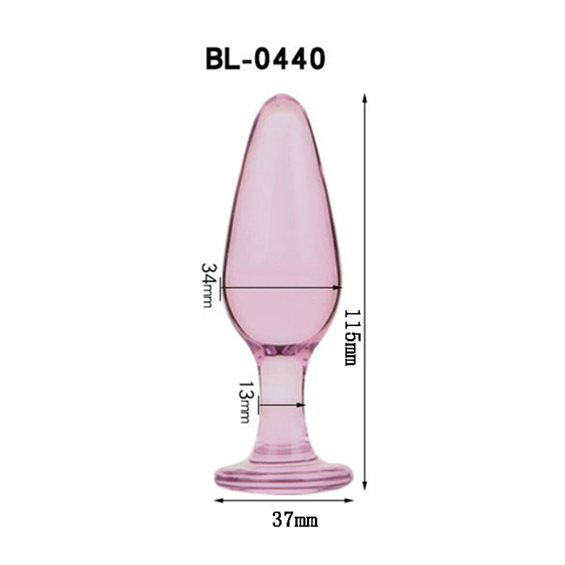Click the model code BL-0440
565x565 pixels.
tap(265, 59)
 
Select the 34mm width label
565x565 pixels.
tap(208, 285)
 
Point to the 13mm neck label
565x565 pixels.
tap(245, 402)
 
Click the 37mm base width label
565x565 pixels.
tap(295, 520)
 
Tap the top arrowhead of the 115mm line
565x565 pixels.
tap(364, 98)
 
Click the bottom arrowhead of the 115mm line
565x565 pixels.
tap(364, 485)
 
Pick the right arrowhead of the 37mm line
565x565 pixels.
tap(349, 500)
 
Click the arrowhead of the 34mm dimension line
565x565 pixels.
tap(337, 288)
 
